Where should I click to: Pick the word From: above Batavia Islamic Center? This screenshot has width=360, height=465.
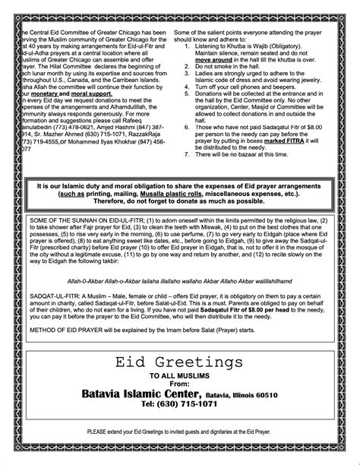tap(179, 384)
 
